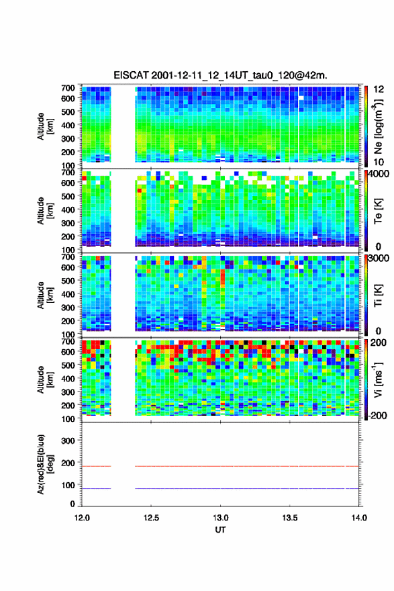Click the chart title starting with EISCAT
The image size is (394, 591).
[220, 75]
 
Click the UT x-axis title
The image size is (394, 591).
[220, 530]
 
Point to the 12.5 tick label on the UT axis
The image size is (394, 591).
[151, 518]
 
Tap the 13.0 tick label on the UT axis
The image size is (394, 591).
[220, 518]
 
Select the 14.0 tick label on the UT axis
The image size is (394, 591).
[359, 518]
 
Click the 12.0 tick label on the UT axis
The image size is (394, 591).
[82, 518]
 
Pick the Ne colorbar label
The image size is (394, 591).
[378, 127]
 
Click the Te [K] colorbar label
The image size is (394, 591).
[378, 212]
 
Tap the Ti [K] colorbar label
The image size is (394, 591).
[378, 295]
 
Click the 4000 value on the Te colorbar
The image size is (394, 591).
[378, 175]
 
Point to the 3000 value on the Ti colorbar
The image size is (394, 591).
[378, 259]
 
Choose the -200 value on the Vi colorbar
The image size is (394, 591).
[376, 415]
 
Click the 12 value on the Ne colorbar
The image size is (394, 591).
[378, 89]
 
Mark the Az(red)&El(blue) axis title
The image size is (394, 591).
[45, 464]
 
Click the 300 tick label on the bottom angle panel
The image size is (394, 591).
[68, 441]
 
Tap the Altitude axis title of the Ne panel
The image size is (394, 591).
[45, 126]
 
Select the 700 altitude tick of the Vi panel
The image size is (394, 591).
[68, 341]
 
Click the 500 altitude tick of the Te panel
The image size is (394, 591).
[68, 196]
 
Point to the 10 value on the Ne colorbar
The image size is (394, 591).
[378, 162]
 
